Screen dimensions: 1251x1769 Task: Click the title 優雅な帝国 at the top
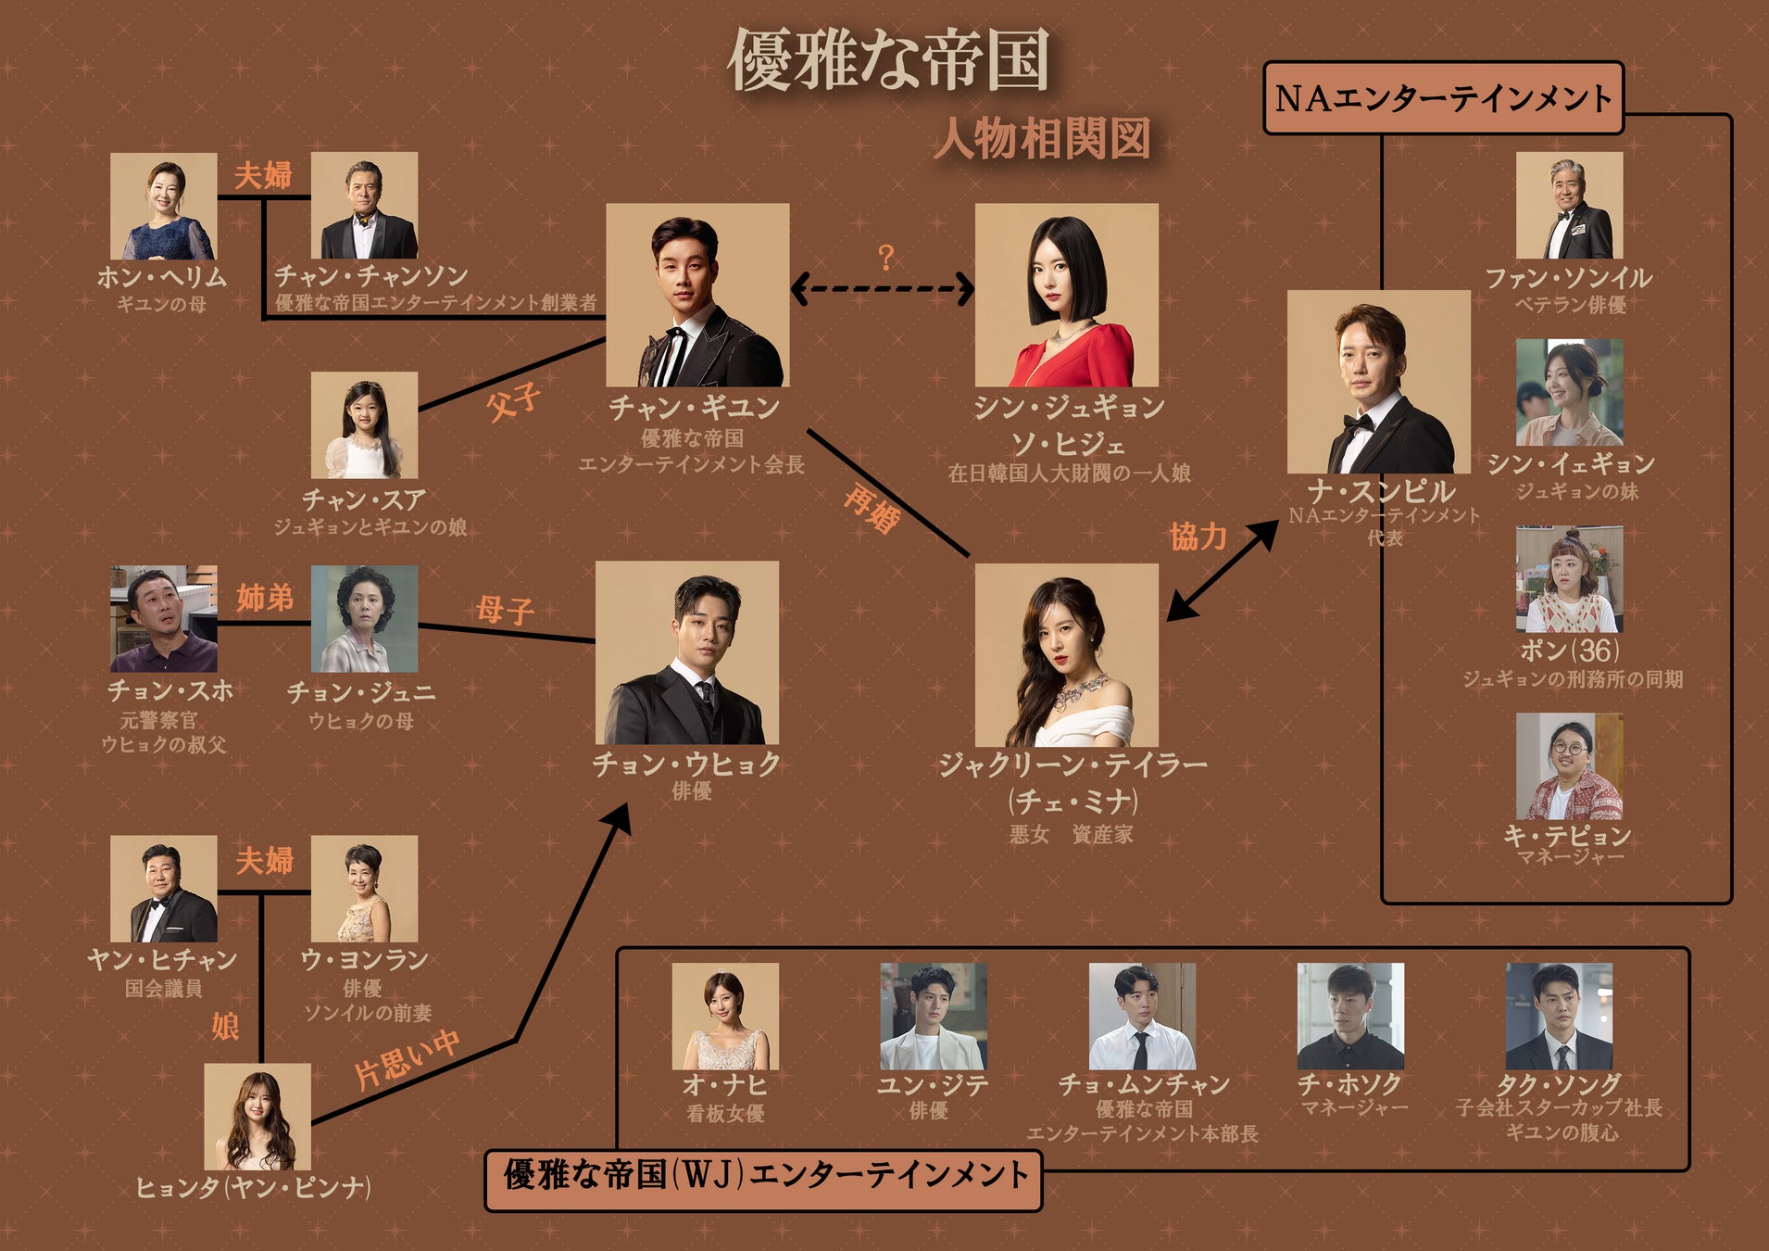888,60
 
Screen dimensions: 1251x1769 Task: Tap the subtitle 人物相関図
1042,140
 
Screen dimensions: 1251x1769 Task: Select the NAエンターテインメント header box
1443,98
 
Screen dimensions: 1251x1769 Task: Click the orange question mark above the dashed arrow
885,257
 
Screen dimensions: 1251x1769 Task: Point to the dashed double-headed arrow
882,288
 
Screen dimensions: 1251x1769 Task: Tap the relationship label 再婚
871,510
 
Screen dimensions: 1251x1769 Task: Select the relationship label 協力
1198,536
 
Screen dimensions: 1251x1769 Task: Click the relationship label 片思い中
408,1058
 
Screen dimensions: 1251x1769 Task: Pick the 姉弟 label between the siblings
264,598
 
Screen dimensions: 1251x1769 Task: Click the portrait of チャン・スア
364,425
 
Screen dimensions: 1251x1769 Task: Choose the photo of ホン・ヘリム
164,206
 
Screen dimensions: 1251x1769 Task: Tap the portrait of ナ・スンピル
1378,382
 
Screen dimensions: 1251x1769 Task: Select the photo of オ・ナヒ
725,1017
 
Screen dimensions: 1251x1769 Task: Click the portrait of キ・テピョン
1569,766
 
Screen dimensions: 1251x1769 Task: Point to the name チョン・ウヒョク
686,764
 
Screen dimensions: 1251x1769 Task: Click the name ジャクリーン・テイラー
1073,764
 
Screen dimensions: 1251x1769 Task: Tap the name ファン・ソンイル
1568,277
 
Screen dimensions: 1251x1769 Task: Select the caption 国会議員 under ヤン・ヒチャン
163,989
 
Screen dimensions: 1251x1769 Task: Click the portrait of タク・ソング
1559,1017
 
